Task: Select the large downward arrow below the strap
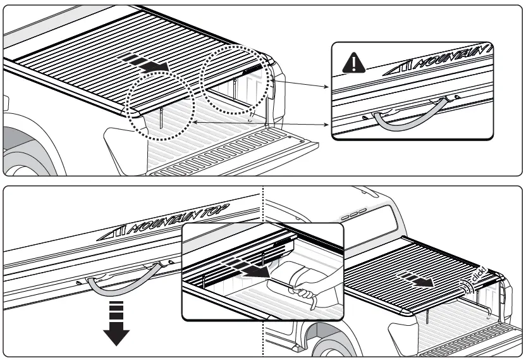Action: click(x=116, y=326)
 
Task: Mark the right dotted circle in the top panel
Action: click(x=235, y=80)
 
